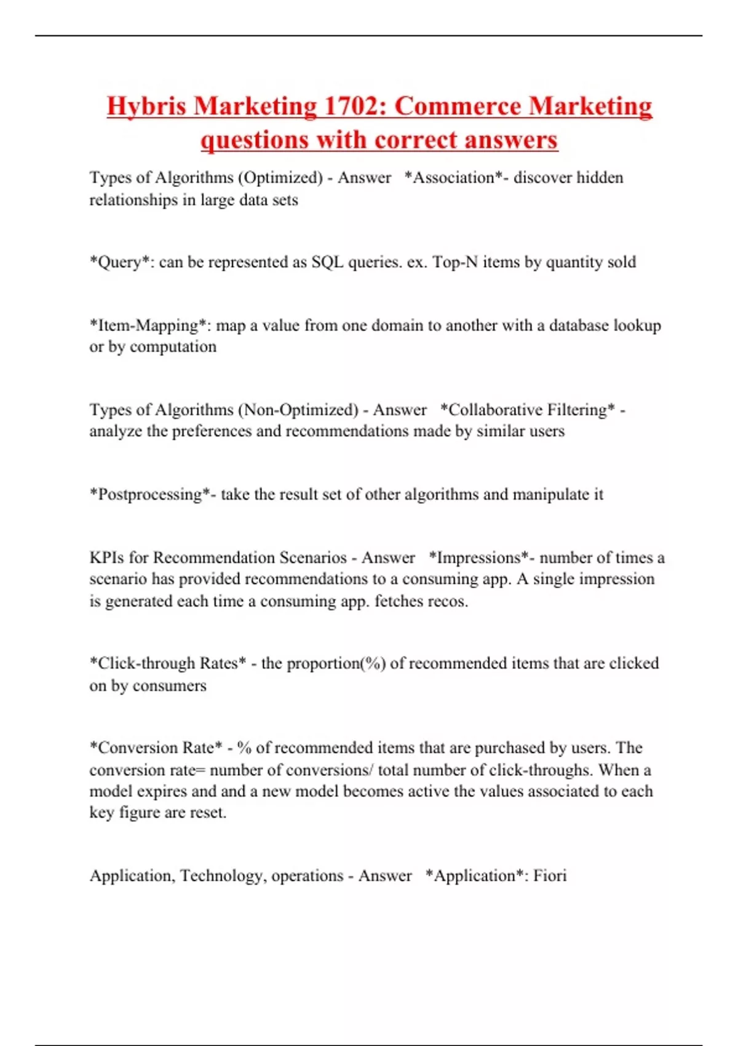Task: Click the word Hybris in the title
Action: [146, 106]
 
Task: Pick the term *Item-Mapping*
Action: [150, 325]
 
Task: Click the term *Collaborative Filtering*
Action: [528, 410]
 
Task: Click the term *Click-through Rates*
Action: [168, 663]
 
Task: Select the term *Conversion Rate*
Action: [156, 748]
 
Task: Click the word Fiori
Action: [550, 876]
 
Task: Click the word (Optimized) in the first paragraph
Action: [280, 178]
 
